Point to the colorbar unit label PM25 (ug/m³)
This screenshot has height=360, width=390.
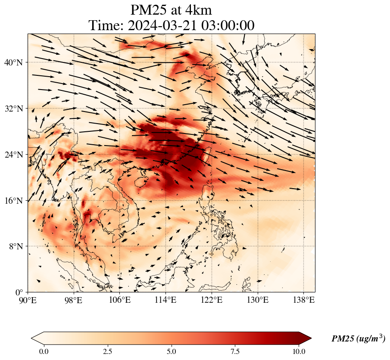point(358,339)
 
